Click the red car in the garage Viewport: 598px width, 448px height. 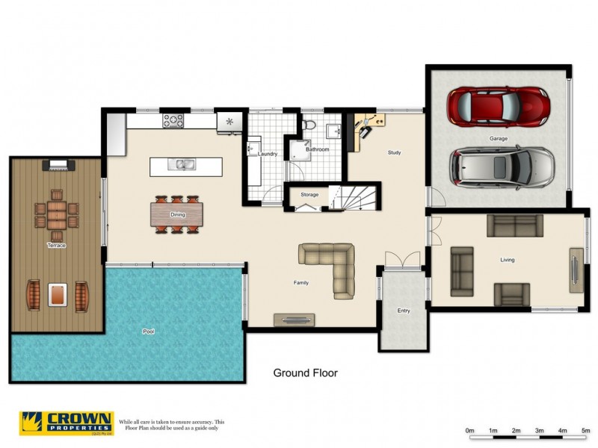pos(498,107)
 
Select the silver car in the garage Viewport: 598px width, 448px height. pos(502,167)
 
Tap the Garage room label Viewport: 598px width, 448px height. pos(499,139)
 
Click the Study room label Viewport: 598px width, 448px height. pos(394,153)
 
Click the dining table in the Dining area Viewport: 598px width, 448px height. pos(177,214)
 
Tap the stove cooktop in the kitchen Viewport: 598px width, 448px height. pos(174,119)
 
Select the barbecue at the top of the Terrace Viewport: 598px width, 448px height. pos(58,164)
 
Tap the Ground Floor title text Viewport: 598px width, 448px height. pos(305,373)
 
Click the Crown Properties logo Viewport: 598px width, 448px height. pos(67,423)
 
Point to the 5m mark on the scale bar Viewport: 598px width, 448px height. pos(585,431)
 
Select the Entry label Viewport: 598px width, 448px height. pos(404,310)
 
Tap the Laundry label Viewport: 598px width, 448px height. pos(268,155)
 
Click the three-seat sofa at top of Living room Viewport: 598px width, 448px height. pos(515,224)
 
